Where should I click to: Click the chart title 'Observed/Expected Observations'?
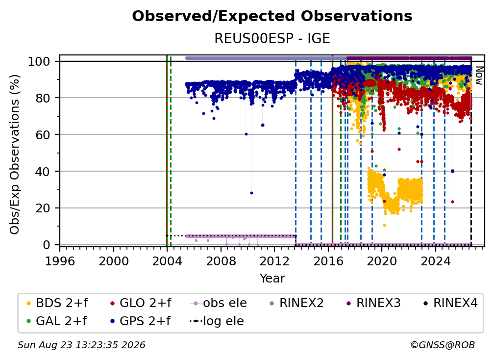pyautogui.click(x=272, y=16)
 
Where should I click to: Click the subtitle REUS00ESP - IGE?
pyautogui.click(x=272, y=38)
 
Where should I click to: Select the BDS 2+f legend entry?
pyautogui.click(x=57, y=303)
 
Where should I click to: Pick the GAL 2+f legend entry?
pyautogui.click(x=56, y=321)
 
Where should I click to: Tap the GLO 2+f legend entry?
pyautogui.click(x=141, y=303)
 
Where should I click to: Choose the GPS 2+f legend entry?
pyautogui.click(x=140, y=321)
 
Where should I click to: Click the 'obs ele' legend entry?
pyautogui.click(x=219, y=303)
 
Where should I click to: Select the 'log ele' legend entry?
pyautogui.click(x=217, y=321)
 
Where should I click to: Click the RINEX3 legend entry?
pyautogui.click(x=373, y=303)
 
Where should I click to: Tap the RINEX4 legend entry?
pyautogui.click(x=450, y=303)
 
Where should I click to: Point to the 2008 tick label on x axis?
pyautogui.click(x=221, y=261)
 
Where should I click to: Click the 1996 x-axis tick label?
pyautogui.click(x=60, y=261)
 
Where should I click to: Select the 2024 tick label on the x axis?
pyautogui.click(x=436, y=261)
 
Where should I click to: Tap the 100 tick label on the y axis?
pyautogui.click(x=39, y=61)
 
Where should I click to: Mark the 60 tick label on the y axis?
pyautogui.click(x=43, y=135)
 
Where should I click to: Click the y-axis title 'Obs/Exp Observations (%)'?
pyautogui.click(x=15, y=154)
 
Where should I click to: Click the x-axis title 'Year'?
pyautogui.click(x=272, y=279)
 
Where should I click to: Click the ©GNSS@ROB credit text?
pyautogui.click(x=443, y=345)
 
